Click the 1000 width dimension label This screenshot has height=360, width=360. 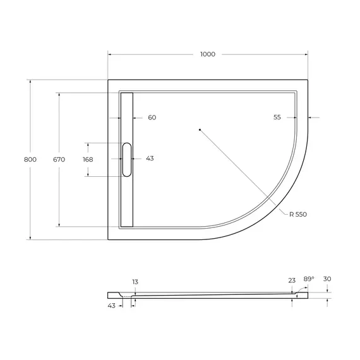click(208, 54)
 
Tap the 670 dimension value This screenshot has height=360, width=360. click(59, 159)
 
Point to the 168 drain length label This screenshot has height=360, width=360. click(88, 159)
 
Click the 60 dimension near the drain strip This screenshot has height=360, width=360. click(152, 117)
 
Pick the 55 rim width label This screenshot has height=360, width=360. click(277, 117)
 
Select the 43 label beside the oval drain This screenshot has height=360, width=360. click(150, 159)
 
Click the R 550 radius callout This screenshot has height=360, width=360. click(297, 215)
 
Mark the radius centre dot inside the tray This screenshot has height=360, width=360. click(199, 130)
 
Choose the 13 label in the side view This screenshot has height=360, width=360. click(135, 282)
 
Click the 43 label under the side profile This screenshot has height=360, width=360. click(111, 306)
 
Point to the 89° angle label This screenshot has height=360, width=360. click(308, 279)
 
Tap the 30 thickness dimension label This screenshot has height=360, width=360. click(327, 279)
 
